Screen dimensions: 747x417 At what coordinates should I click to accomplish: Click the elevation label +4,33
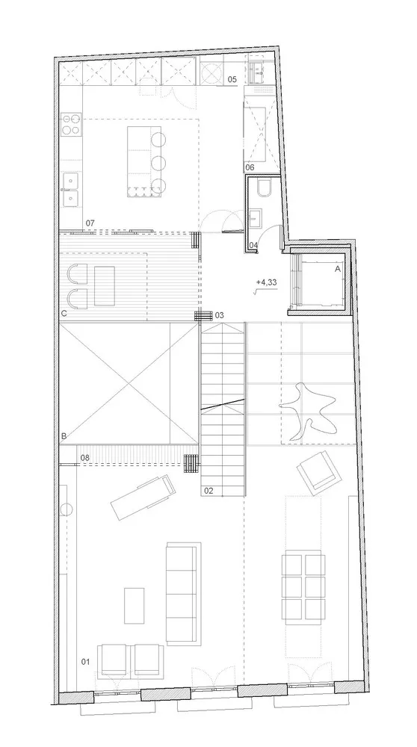click(x=265, y=282)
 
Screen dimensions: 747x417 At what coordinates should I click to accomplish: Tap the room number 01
click(x=84, y=662)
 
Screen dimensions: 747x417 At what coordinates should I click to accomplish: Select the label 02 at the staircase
click(x=208, y=491)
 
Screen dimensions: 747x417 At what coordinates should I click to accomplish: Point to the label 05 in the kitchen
click(x=232, y=79)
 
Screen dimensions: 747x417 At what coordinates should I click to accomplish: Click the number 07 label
click(x=90, y=223)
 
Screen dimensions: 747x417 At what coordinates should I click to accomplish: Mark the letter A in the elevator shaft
click(x=337, y=267)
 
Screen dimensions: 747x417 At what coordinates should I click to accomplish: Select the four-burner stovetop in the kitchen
click(x=71, y=125)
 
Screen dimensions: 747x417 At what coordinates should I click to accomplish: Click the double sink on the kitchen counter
click(x=71, y=188)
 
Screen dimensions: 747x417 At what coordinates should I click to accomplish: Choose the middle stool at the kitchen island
click(x=158, y=162)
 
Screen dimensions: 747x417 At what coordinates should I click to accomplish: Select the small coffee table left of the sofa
click(x=134, y=606)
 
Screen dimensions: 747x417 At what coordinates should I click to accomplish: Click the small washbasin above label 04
click(x=256, y=217)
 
